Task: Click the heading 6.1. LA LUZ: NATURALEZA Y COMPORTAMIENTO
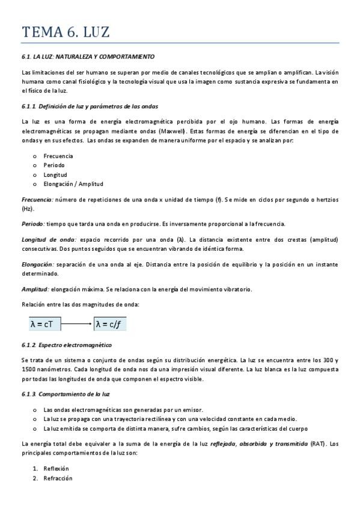point(88,57)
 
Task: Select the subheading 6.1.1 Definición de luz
point(90,106)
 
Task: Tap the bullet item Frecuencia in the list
point(58,156)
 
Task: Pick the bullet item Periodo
point(54,165)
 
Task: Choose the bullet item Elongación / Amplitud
point(73,183)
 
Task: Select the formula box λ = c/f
point(109,324)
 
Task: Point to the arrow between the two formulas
point(77,324)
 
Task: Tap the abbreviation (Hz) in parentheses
point(28,209)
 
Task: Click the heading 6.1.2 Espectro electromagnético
point(66,345)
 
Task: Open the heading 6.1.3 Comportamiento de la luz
point(65,393)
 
